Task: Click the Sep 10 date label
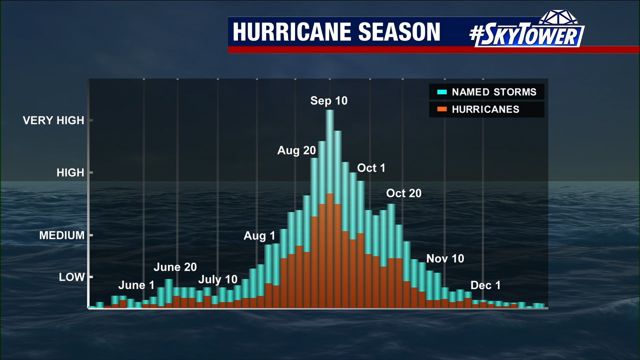[328, 101]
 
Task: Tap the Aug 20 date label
[296, 150]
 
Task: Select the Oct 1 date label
[371, 168]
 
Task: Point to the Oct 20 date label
[403, 193]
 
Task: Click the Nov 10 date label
[445, 259]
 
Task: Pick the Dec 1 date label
[485, 285]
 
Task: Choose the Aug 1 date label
[259, 236]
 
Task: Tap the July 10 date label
[217, 279]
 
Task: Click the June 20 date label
[175, 267]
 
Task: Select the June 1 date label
[136, 285]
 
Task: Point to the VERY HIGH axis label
[53, 120]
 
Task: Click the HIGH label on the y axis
[70, 173]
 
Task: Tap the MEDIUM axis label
[62, 235]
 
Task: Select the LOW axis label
[72, 277]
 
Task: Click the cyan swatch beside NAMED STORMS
[441, 92]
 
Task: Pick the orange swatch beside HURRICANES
[441, 109]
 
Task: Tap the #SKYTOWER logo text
[526, 35]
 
